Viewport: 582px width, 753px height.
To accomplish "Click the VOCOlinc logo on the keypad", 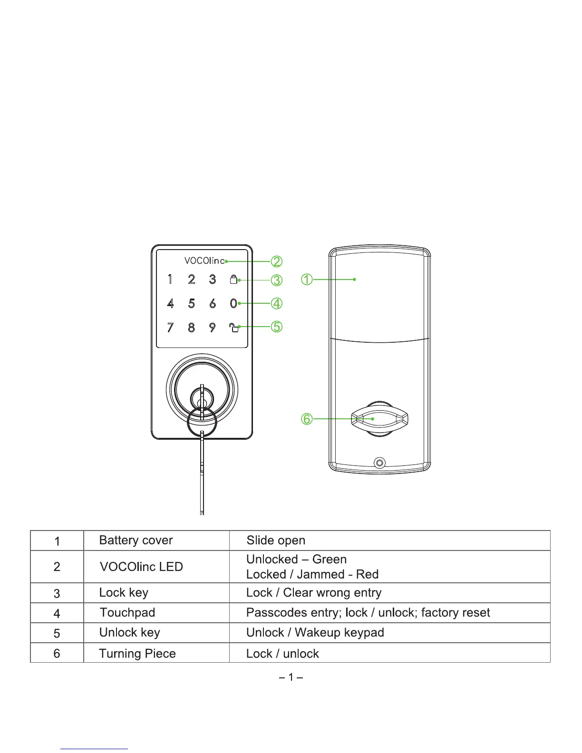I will point(204,261).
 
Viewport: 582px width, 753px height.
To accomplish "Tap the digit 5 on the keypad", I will point(191,303).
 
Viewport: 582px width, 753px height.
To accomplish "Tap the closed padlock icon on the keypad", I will point(233,279).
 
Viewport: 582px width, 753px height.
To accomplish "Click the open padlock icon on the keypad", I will point(233,327).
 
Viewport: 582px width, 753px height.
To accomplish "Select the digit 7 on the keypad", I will point(170,327).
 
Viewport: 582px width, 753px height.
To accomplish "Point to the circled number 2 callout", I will point(277,261).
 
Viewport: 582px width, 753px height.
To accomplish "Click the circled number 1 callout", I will point(307,280).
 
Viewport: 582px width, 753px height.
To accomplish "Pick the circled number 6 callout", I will point(307,419).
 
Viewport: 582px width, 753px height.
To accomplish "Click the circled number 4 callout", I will point(277,303).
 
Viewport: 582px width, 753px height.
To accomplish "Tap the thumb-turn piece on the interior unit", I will point(379,419).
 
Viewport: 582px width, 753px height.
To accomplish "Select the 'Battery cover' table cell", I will point(136,541).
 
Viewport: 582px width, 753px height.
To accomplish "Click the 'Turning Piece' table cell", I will point(137,654).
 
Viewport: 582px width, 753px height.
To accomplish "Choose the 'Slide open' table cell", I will point(276,541).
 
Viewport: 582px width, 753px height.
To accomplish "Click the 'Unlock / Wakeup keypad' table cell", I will point(315,633).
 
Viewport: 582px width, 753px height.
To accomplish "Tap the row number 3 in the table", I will point(57,593).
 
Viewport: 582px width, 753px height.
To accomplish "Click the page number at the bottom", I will point(291,676).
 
